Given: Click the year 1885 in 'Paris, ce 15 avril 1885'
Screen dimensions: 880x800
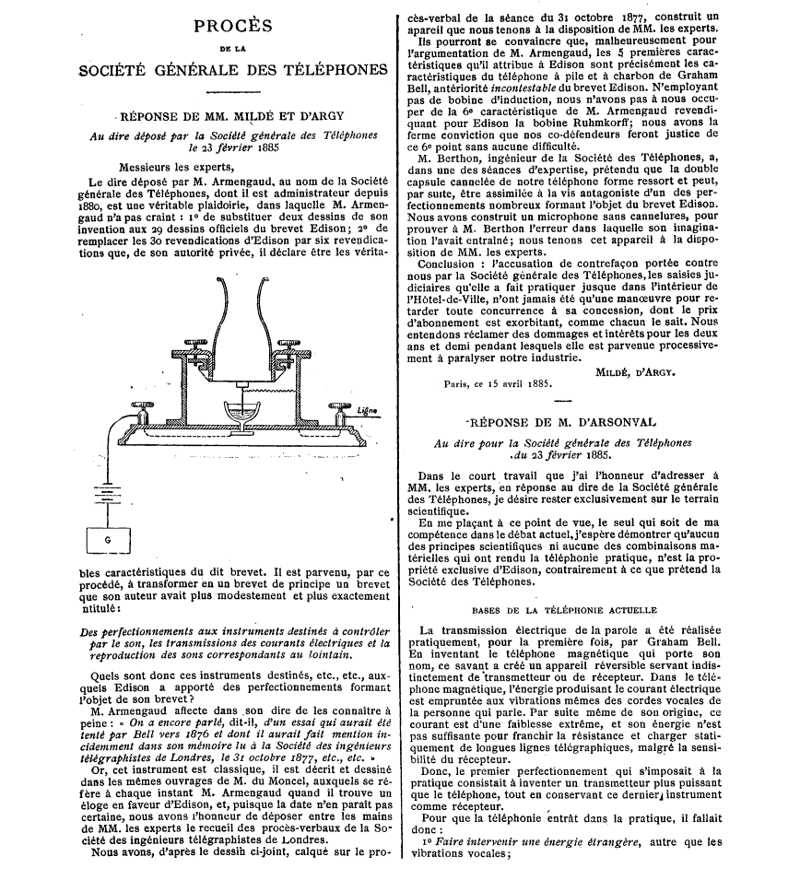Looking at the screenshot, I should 534,384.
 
